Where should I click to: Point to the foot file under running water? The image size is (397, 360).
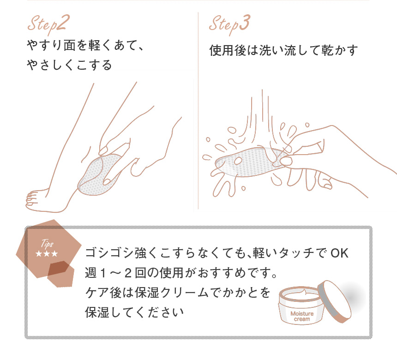[245, 162]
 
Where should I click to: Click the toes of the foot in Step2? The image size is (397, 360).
[31, 198]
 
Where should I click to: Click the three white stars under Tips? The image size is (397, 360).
[47, 254]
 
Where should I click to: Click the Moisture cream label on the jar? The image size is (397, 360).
[302, 317]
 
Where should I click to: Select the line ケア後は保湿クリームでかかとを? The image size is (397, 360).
[177, 293]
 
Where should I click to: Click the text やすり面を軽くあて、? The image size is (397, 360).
[86, 47]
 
